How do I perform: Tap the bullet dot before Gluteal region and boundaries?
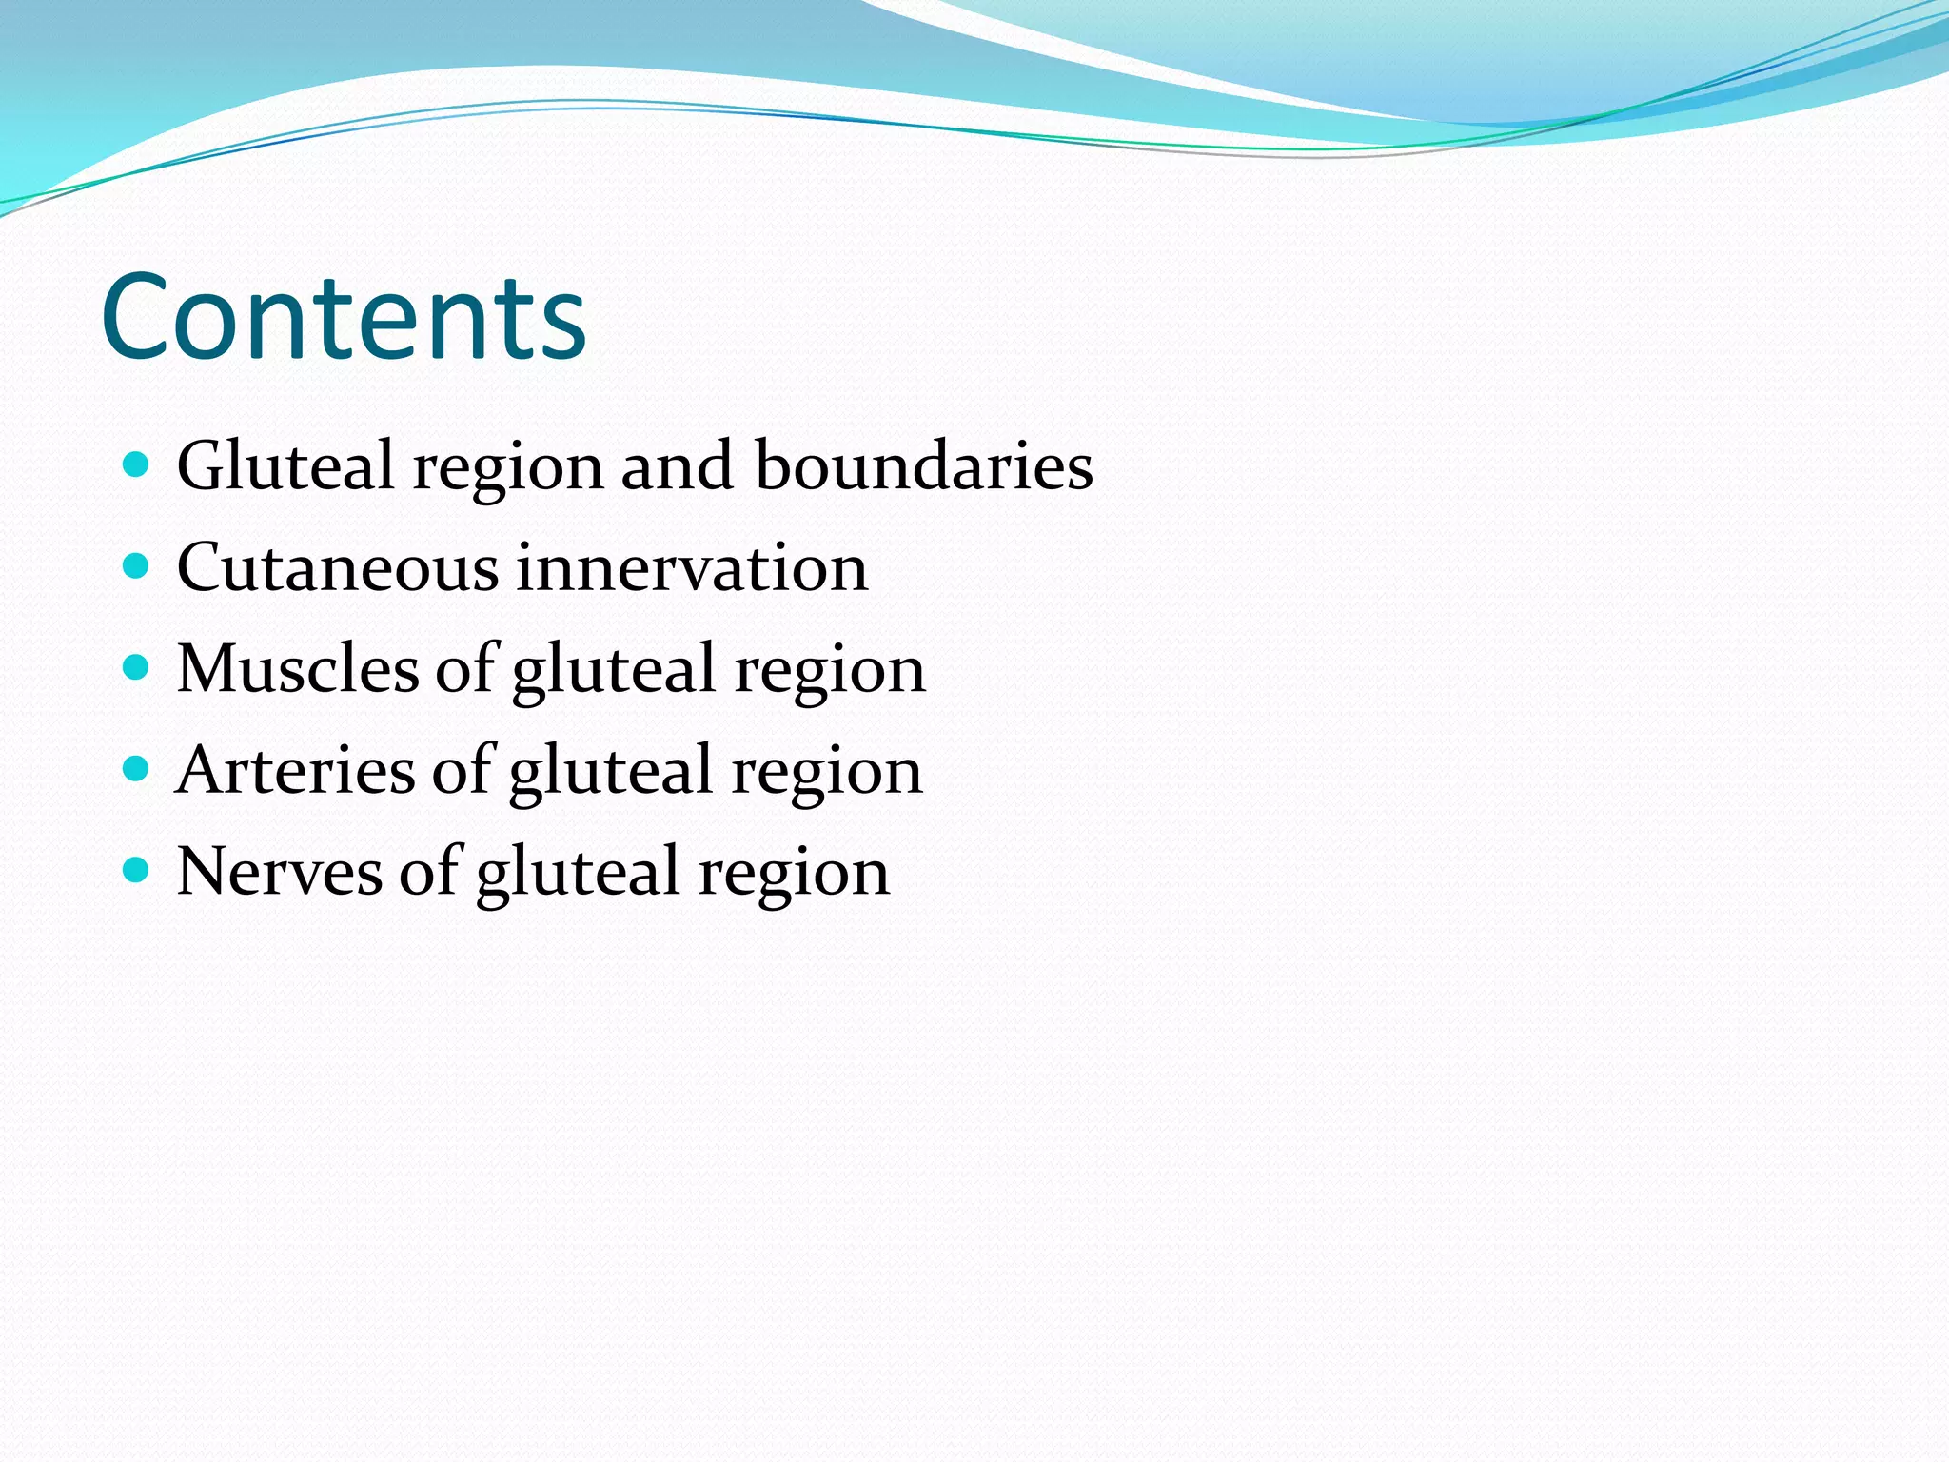point(137,464)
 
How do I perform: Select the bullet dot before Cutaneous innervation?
point(137,566)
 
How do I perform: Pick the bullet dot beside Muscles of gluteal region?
point(137,667)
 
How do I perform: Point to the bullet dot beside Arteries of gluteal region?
point(137,768)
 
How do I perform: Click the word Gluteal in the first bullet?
point(285,465)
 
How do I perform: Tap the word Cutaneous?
point(337,567)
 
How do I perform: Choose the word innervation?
point(692,567)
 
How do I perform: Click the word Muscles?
point(297,668)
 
